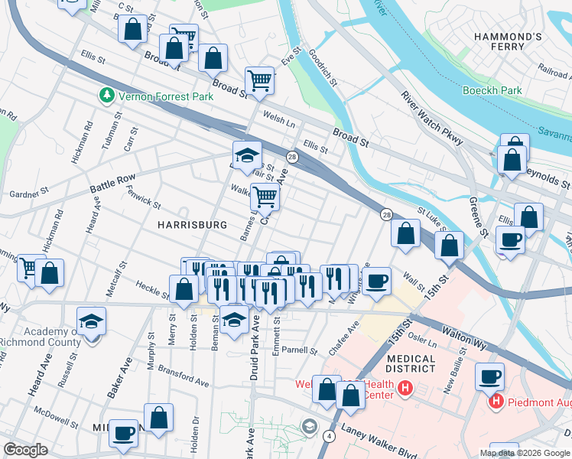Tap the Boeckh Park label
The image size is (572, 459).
(x=492, y=90)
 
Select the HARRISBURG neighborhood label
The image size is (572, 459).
(x=192, y=225)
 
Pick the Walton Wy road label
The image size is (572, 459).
(x=464, y=338)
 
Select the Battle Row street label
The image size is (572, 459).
(x=112, y=184)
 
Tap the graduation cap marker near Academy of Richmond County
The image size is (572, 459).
(x=91, y=321)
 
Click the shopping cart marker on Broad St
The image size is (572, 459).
(x=260, y=80)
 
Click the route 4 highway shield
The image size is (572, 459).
(x=328, y=436)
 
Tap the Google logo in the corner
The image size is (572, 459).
(x=25, y=450)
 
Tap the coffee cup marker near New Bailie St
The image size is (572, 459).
(x=489, y=376)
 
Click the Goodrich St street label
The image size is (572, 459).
(x=323, y=67)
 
